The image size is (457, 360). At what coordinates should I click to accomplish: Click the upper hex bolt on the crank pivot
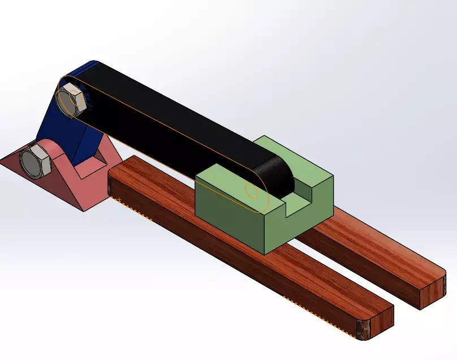click(x=71, y=100)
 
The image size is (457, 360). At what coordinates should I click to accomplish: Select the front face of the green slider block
click(x=229, y=212)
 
